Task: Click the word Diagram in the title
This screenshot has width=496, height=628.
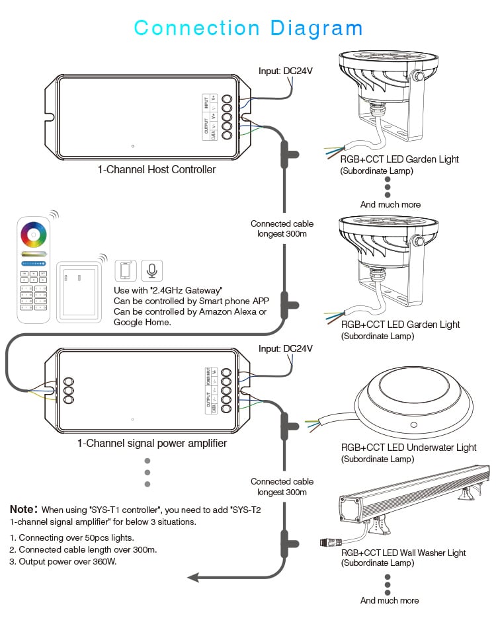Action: point(317,28)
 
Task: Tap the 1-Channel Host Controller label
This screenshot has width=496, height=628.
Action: point(157,170)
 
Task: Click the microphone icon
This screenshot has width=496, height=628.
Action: point(152,271)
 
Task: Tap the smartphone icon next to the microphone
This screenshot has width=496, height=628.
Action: point(126,271)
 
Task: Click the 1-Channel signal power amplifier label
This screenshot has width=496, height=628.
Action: point(152,444)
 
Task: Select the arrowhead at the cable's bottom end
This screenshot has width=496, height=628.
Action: point(194,577)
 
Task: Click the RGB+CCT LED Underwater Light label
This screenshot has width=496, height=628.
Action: point(409,448)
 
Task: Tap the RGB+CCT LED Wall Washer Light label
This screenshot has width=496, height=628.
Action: point(403,553)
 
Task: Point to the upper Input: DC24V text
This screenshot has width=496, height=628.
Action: point(286,71)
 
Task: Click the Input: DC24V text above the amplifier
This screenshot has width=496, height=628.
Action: point(286,348)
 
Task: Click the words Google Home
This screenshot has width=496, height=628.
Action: point(142,322)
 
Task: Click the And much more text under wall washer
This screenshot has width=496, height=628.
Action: point(390,600)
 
